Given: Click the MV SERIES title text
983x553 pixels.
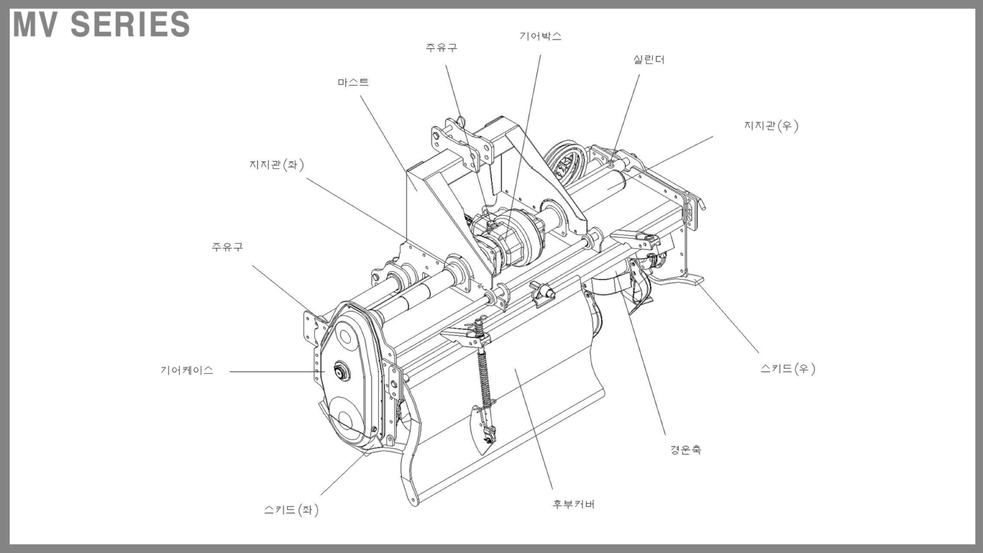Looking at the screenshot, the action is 102,24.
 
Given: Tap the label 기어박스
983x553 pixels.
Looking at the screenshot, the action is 540,36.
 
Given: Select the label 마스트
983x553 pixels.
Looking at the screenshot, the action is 353,82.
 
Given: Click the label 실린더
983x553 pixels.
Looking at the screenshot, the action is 648,60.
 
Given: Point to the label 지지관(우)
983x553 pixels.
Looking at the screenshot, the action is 771,126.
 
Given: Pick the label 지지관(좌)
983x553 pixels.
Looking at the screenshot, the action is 276,164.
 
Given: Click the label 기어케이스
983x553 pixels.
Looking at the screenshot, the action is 187,371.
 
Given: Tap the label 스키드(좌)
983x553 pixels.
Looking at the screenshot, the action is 291,509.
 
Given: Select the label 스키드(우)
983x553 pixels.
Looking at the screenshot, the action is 788,369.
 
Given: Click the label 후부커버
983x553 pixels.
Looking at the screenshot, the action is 573,504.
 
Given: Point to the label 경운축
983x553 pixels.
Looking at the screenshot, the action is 685,449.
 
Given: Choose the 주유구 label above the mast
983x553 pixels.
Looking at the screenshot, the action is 442,47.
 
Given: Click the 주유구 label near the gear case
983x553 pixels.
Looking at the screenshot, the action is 227,246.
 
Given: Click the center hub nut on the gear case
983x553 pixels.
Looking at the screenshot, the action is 341,371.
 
